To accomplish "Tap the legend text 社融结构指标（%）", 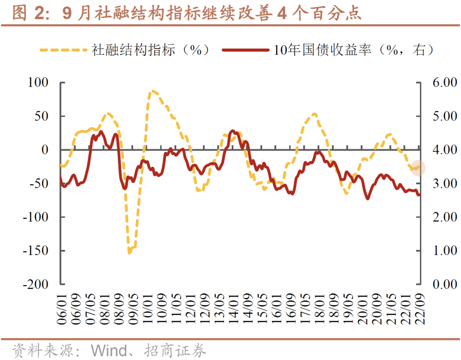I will pos(152,50).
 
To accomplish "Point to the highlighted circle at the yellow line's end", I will pos(419,168).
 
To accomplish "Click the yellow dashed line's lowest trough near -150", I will pos(129,253).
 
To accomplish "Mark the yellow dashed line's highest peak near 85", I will pos(153,91).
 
